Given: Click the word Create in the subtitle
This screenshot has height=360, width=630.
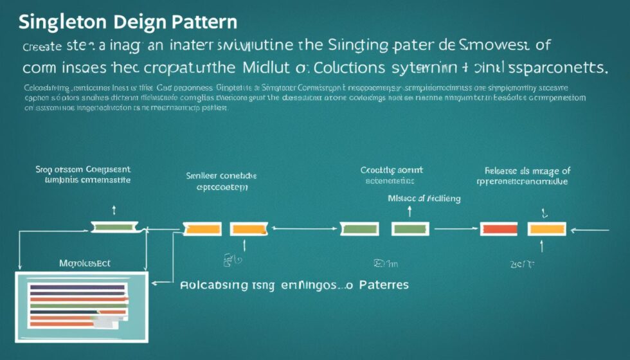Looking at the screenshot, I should (x=42, y=47).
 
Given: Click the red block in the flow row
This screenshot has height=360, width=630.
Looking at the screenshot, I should (x=499, y=228).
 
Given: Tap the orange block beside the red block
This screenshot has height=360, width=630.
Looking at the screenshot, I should (x=546, y=228).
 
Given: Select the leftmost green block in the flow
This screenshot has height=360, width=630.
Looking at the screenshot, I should (x=115, y=226).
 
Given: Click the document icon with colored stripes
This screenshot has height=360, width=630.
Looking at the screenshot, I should (x=81, y=304).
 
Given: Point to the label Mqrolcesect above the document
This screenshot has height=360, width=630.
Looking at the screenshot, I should (x=85, y=264).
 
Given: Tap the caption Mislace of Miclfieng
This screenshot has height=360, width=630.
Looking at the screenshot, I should (x=424, y=198).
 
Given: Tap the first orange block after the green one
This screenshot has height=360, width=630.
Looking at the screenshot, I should (x=202, y=228).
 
